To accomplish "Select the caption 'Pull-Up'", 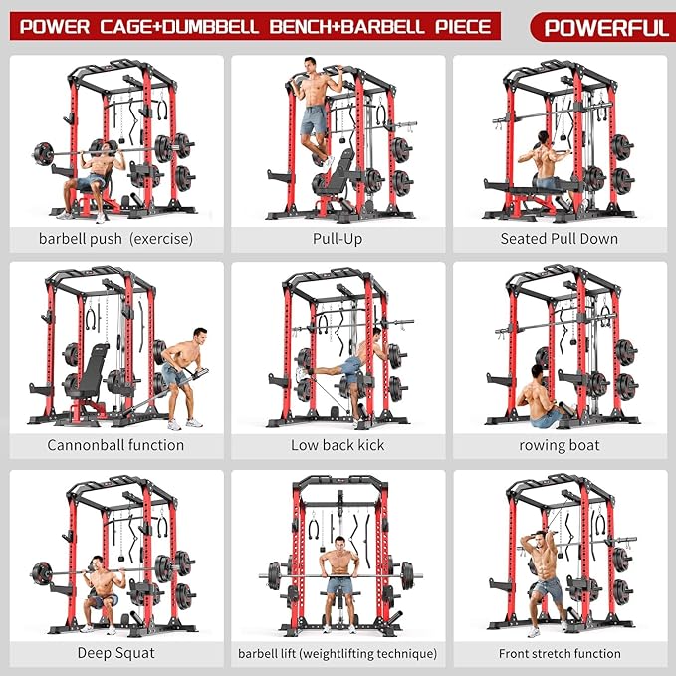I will tap(338, 239).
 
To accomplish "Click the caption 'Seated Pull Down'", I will tap(559, 239).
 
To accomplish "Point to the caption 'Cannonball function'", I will tap(115, 445).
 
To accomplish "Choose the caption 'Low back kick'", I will tap(338, 445).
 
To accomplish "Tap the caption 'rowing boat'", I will tap(559, 445).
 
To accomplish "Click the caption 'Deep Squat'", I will tap(115, 653).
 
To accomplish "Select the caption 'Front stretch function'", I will tap(559, 654).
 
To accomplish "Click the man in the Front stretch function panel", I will tap(543, 577).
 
